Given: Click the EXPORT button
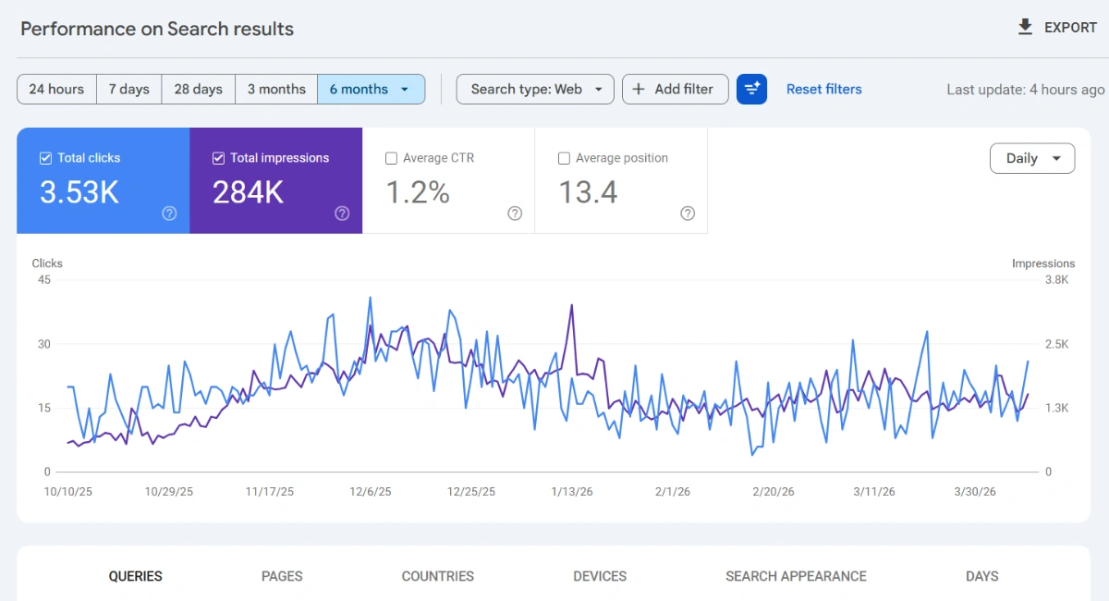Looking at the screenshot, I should (1057, 28).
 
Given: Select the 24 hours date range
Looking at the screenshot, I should (56, 90).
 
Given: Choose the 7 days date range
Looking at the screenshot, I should (128, 90).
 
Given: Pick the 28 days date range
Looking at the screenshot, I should (198, 90).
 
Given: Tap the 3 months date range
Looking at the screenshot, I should (275, 90).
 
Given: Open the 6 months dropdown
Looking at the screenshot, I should (371, 90).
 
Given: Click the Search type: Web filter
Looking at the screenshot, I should (535, 90).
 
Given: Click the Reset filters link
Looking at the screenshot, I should (823, 90).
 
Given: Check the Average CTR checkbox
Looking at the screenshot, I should (391, 158).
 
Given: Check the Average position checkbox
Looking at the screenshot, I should (564, 158).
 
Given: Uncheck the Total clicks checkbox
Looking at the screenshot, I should (45, 158).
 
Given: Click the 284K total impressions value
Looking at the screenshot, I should (248, 192).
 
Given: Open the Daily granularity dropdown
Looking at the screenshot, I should (1031, 158).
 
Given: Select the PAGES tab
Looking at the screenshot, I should (282, 576).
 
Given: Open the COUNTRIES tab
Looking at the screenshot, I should (437, 576).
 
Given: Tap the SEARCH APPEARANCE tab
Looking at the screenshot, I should (796, 576).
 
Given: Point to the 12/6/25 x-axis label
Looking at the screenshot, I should (372, 492).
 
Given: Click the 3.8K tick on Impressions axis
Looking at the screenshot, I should (1055, 280).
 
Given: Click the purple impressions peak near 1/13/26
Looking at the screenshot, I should (572, 305).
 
